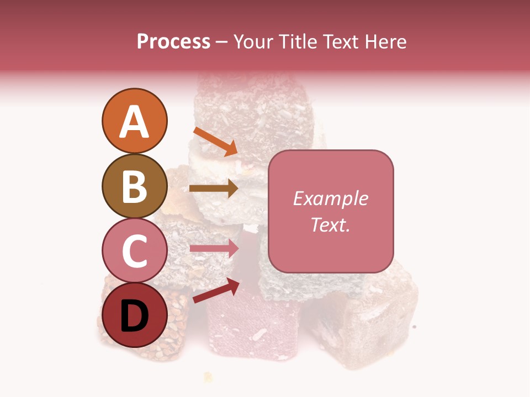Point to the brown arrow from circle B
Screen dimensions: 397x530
tap(213, 189)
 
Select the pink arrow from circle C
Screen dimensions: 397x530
tap(214, 249)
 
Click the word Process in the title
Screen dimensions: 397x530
tap(173, 41)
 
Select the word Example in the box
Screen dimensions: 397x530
tap(330, 198)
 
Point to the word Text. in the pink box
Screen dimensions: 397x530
tap(330, 224)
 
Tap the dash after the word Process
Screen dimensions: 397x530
tap(222, 42)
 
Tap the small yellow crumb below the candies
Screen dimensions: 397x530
tap(208, 377)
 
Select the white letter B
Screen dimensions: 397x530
tap(134, 186)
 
